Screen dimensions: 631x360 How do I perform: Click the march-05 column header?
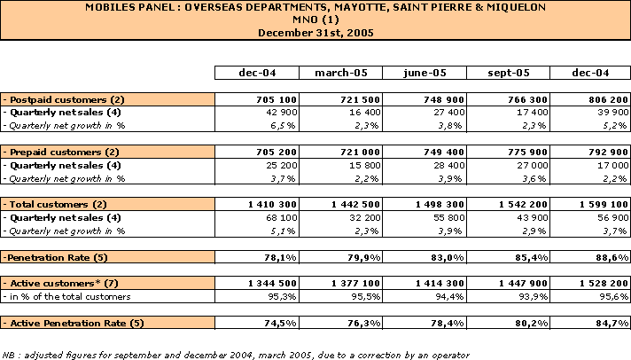(x=341, y=73)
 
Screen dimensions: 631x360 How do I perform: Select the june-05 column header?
(x=425, y=73)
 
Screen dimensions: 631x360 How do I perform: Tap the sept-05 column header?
(x=509, y=73)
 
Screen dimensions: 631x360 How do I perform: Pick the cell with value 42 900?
(x=282, y=113)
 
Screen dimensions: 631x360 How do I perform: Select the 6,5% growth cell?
(x=283, y=126)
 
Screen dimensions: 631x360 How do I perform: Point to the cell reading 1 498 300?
(x=440, y=205)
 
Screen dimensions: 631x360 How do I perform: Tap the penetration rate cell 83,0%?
(x=448, y=258)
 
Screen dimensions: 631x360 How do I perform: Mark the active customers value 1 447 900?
(x=523, y=284)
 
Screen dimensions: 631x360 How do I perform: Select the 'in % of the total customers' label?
(x=66, y=297)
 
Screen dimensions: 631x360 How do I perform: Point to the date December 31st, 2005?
(x=315, y=33)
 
